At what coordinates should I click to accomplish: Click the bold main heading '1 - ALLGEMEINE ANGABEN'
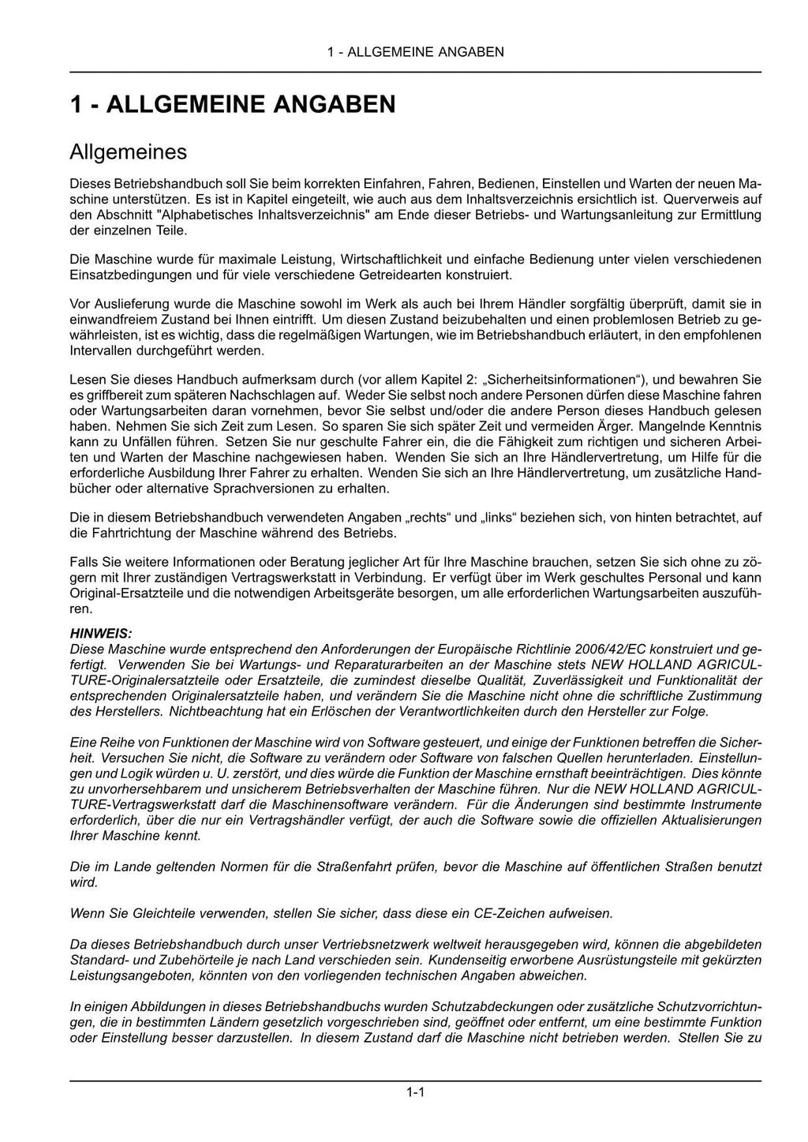pyautogui.click(x=233, y=104)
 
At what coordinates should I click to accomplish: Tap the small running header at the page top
pyautogui.click(x=415, y=52)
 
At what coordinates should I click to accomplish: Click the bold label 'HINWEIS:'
pyautogui.click(x=102, y=633)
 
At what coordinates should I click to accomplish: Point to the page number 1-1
pyautogui.click(x=416, y=1092)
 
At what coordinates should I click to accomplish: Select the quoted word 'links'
pyautogui.click(x=506, y=518)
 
